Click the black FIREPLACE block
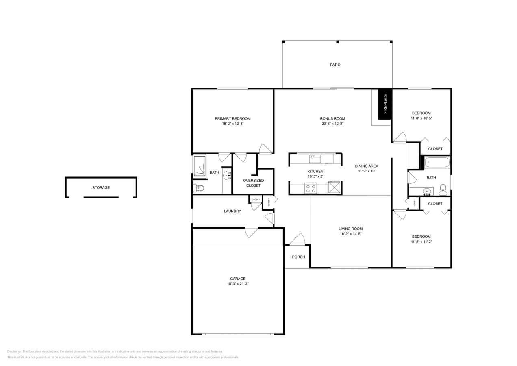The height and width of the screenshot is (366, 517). pyautogui.click(x=385, y=104)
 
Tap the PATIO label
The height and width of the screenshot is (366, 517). pyautogui.click(x=335, y=65)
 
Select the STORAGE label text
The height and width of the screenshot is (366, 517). pyautogui.click(x=101, y=187)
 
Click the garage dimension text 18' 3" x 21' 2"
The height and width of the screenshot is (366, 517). pyautogui.click(x=238, y=284)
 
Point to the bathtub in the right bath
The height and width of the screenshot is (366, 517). pyautogui.click(x=437, y=163)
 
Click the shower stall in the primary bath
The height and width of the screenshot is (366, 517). pyautogui.click(x=199, y=166)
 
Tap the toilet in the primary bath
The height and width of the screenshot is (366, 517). pyautogui.click(x=198, y=187)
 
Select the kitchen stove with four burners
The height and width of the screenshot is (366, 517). pyautogui.click(x=311, y=188)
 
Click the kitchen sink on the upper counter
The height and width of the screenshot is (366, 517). pyautogui.click(x=315, y=159)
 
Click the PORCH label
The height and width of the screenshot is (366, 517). pyautogui.click(x=298, y=257)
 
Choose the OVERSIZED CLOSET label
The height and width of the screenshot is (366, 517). pyautogui.click(x=253, y=183)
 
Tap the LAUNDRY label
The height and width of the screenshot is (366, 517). pyautogui.click(x=232, y=211)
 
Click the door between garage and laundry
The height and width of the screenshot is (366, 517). pyautogui.click(x=251, y=232)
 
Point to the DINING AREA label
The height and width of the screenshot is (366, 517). pyautogui.click(x=367, y=166)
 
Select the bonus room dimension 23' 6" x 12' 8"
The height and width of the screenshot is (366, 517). pyautogui.click(x=332, y=124)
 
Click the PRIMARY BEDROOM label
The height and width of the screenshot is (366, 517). pyautogui.click(x=232, y=118)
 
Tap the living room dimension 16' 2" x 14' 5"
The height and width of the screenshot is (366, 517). pyautogui.click(x=350, y=234)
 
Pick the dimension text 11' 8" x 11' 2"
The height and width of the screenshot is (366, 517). pyautogui.click(x=421, y=242)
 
